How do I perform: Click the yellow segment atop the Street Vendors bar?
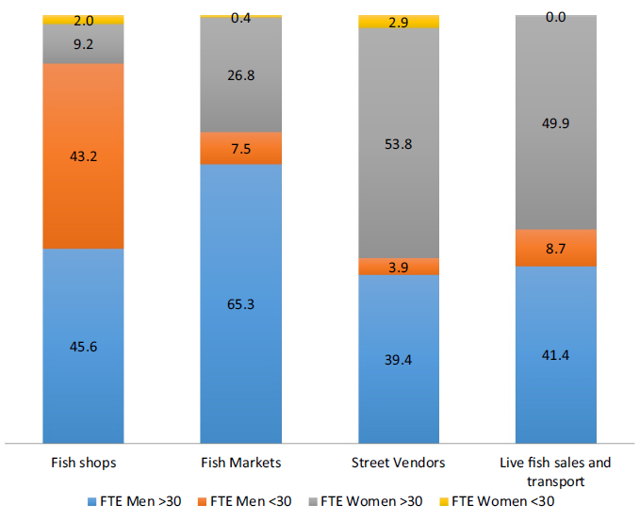tap(399, 22)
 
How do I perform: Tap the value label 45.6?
tap(84, 346)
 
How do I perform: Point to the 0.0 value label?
tap(555, 17)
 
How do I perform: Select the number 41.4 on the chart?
tap(555, 355)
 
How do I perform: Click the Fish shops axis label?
tap(84, 463)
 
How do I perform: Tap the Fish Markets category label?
tap(241, 463)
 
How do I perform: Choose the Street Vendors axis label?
tap(399, 463)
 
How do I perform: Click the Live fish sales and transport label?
tap(555, 471)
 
